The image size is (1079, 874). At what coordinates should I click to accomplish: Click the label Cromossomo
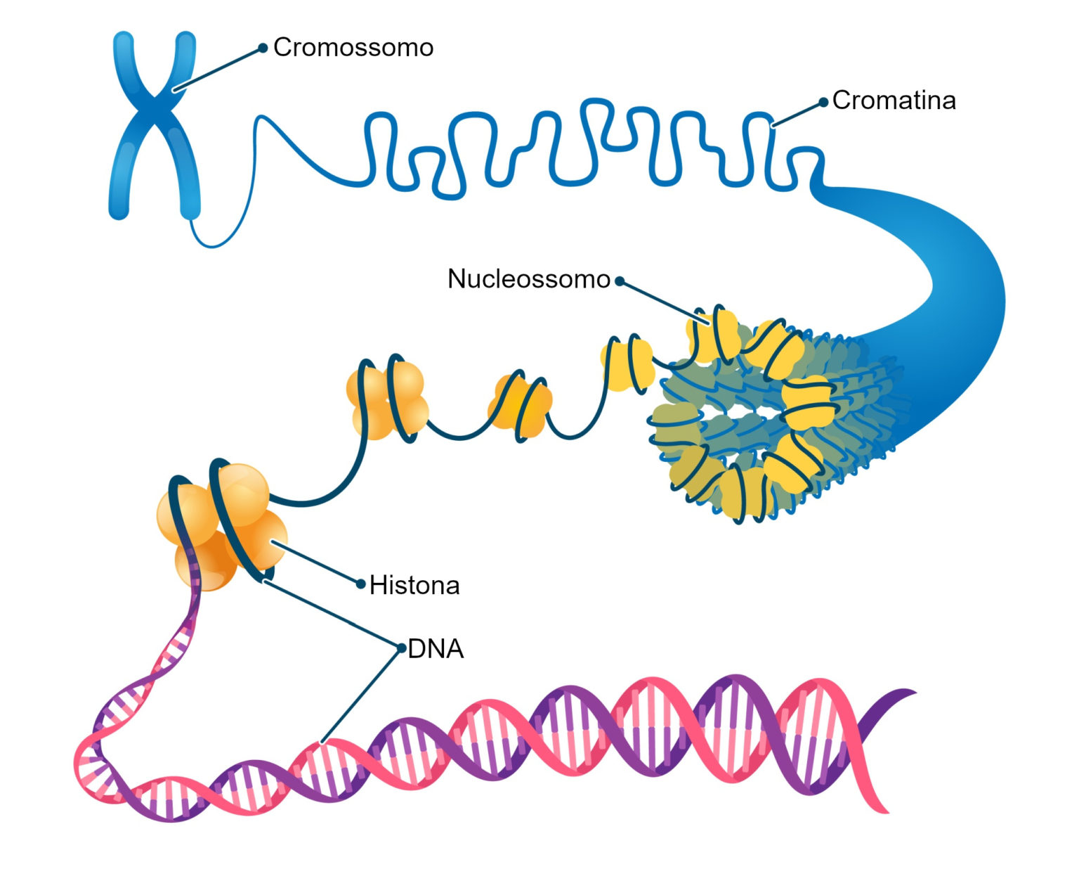pyautogui.click(x=353, y=48)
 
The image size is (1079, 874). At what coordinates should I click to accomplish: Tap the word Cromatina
pyautogui.click(x=894, y=101)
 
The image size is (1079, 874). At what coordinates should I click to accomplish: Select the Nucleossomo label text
pyautogui.click(x=528, y=279)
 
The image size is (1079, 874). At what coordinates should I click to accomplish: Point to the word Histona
pyautogui.click(x=414, y=586)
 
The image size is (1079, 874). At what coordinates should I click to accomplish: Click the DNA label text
pyautogui.click(x=436, y=649)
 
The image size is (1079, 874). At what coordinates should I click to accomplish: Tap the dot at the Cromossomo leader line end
pyautogui.click(x=263, y=48)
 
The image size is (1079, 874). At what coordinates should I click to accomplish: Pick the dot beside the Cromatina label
pyautogui.click(x=823, y=103)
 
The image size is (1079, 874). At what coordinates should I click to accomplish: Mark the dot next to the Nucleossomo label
pyautogui.click(x=620, y=281)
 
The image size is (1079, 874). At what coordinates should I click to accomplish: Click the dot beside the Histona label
pyautogui.click(x=361, y=584)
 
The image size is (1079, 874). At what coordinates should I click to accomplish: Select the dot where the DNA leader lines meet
pyautogui.click(x=401, y=648)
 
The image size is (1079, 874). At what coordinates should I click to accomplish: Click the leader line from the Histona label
pyautogui.click(x=316, y=563)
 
